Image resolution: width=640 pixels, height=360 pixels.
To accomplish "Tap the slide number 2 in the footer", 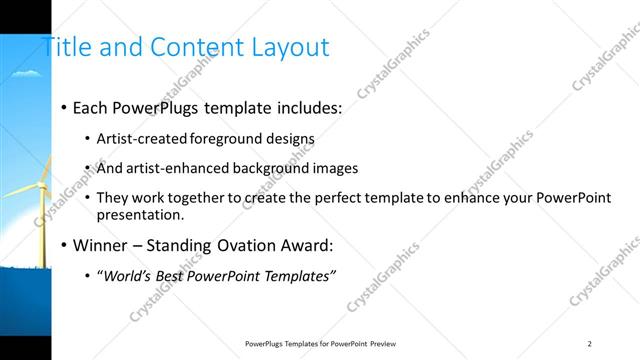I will pos(589,343).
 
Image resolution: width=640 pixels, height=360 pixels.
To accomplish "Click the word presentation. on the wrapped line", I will pos(140,214).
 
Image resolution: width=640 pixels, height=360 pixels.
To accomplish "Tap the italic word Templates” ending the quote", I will pos(299,275).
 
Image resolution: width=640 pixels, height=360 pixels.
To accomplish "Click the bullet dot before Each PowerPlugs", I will pos(64,107).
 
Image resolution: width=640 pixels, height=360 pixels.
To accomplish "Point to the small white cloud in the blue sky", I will pos(30,73).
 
